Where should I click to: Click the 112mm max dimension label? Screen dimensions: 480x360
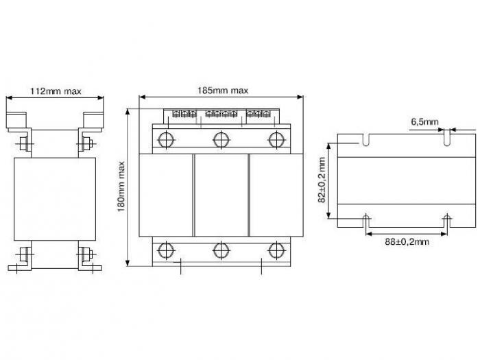pos(56,91)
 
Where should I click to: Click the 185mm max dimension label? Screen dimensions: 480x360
pos(223,91)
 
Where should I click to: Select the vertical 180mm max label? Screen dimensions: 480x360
pos(121,187)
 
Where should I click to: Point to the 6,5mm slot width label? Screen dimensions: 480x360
pos(424,122)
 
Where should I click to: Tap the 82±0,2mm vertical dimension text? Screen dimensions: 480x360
pos(322,180)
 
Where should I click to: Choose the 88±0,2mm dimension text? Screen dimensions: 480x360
pos(407,242)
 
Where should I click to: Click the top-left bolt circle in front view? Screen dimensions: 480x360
pos(166,140)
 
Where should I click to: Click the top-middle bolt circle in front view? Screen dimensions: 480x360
pos(221,140)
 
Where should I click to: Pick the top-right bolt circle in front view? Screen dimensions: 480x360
pos(276,140)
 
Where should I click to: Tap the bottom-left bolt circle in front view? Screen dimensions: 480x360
pos(166,250)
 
